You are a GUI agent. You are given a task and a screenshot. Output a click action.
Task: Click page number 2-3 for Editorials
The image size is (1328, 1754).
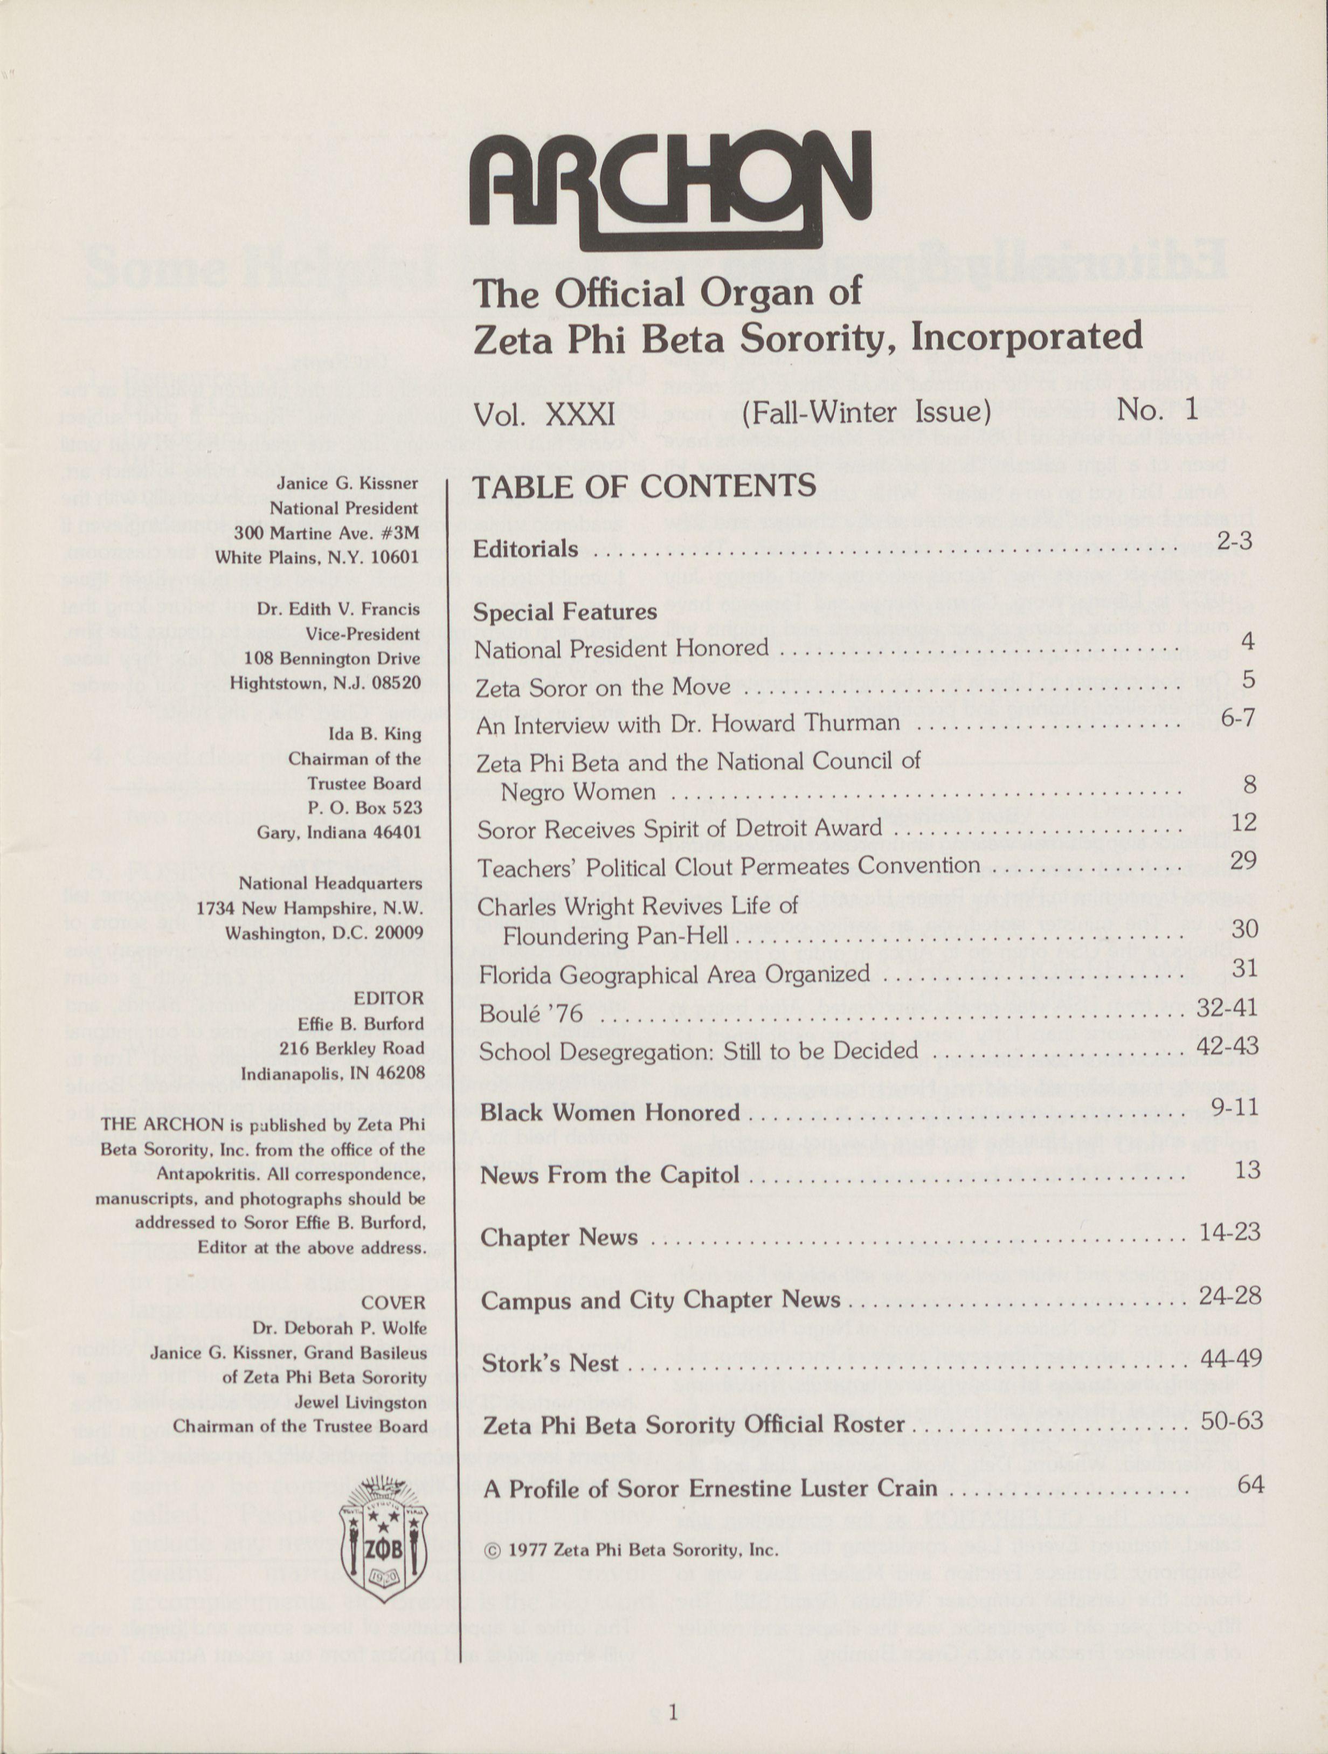[x=1234, y=542]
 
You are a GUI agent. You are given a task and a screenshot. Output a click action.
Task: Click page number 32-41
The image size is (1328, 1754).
[x=1227, y=1007]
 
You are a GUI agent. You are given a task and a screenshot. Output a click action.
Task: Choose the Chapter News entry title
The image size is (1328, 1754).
[x=559, y=1237]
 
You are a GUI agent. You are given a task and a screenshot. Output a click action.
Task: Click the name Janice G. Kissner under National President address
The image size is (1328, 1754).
[x=347, y=483]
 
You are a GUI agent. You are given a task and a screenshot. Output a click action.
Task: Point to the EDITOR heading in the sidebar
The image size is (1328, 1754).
[x=389, y=998]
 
